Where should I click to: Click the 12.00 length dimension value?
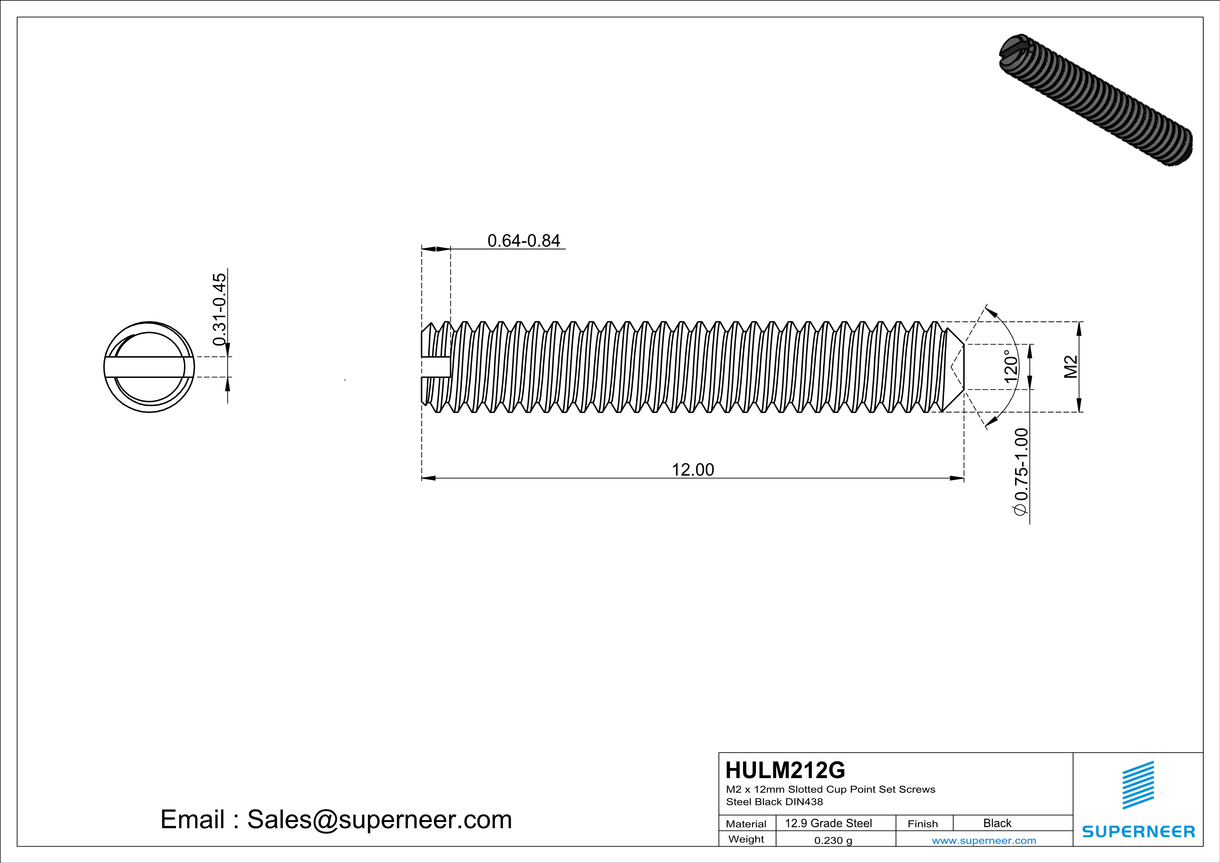pyautogui.click(x=693, y=470)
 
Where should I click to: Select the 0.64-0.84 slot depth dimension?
pyautogui.click(x=524, y=241)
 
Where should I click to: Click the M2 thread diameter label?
pyautogui.click(x=1071, y=367)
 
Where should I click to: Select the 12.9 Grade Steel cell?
pyautogui.click(x=828, y=823)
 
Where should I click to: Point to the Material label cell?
pyautogui.click(x=746, y=824)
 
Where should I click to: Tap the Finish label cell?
pyautogui.click(x=923, y=824)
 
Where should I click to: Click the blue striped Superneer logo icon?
pyautogui.click(x=1138, y=785)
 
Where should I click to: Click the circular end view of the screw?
pyautogui.click(x=149, y=367)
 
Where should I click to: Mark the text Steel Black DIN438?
pyautogui.click(x=774, y=802)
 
